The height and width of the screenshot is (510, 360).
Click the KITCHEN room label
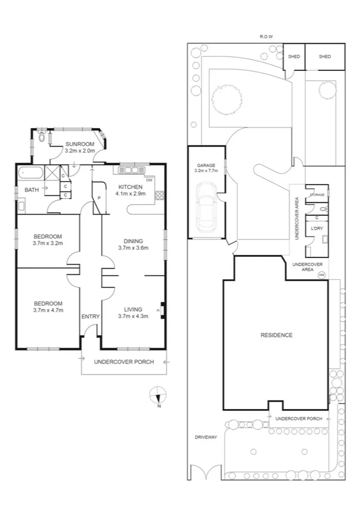130,186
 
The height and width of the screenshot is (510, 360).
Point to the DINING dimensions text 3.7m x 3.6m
133,248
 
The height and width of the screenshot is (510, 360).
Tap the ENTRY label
90,316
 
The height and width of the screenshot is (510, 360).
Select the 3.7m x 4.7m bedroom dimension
48,310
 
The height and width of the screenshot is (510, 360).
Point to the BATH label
32,191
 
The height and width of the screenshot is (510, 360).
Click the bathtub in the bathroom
31,174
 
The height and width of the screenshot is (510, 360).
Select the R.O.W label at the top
266,37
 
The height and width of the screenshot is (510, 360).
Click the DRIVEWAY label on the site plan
205,437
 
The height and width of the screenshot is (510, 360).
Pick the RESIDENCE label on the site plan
276,335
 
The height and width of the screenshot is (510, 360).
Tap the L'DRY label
316,229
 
